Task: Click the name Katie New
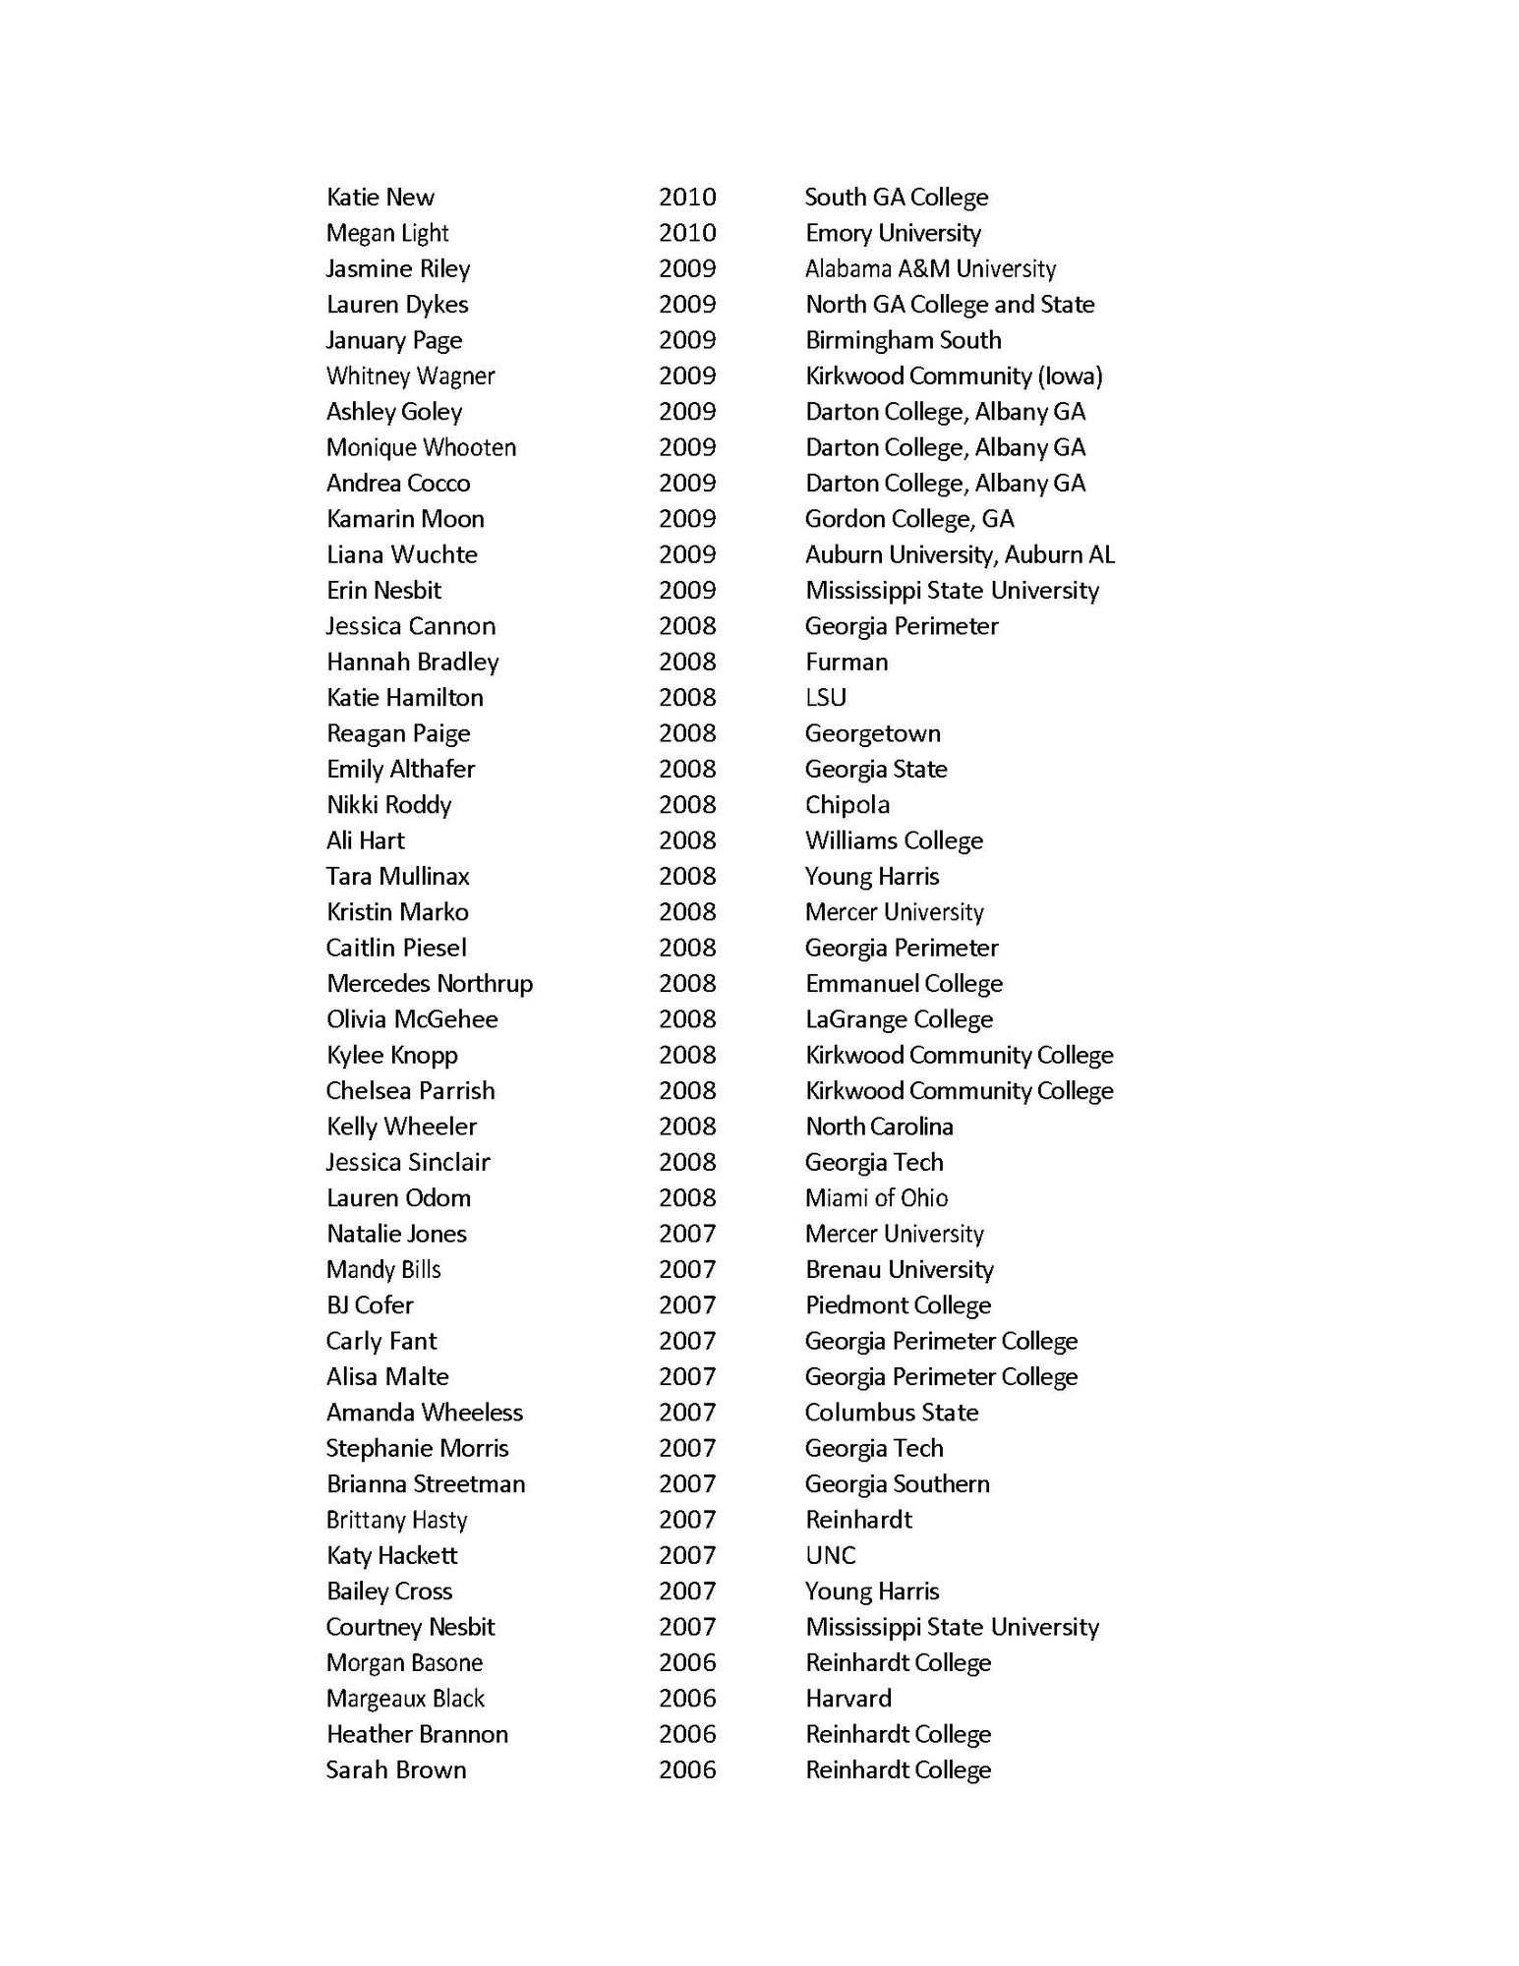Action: [x=380, y=198]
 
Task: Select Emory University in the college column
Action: [x=893, y=233]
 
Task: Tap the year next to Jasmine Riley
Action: [x=687, y=268]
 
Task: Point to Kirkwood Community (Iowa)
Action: [x=954, y=376]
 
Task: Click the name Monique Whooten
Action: [x=421, y=447]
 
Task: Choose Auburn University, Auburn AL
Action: [x=960, y=554]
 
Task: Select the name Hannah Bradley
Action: [x=412, y=662]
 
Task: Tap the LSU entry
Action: [x=825, y=698]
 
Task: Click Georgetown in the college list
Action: [x=872, y=733]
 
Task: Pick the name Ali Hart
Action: [x=365, y=840]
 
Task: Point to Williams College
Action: [x=894, y=840]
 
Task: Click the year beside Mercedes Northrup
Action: [x=687, y=983]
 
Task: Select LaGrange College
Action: [x=899, y=1019]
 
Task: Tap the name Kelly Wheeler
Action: [x=401, y=1127]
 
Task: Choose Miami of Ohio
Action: [x=876, y=1197]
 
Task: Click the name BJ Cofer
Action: [x=370, y=1305]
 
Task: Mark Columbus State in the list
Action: [x=892, y=1413]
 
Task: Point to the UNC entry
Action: [x=830, y=1555]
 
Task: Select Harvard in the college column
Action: [x=847, y=1698]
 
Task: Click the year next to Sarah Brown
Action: [x=687, y=1769]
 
